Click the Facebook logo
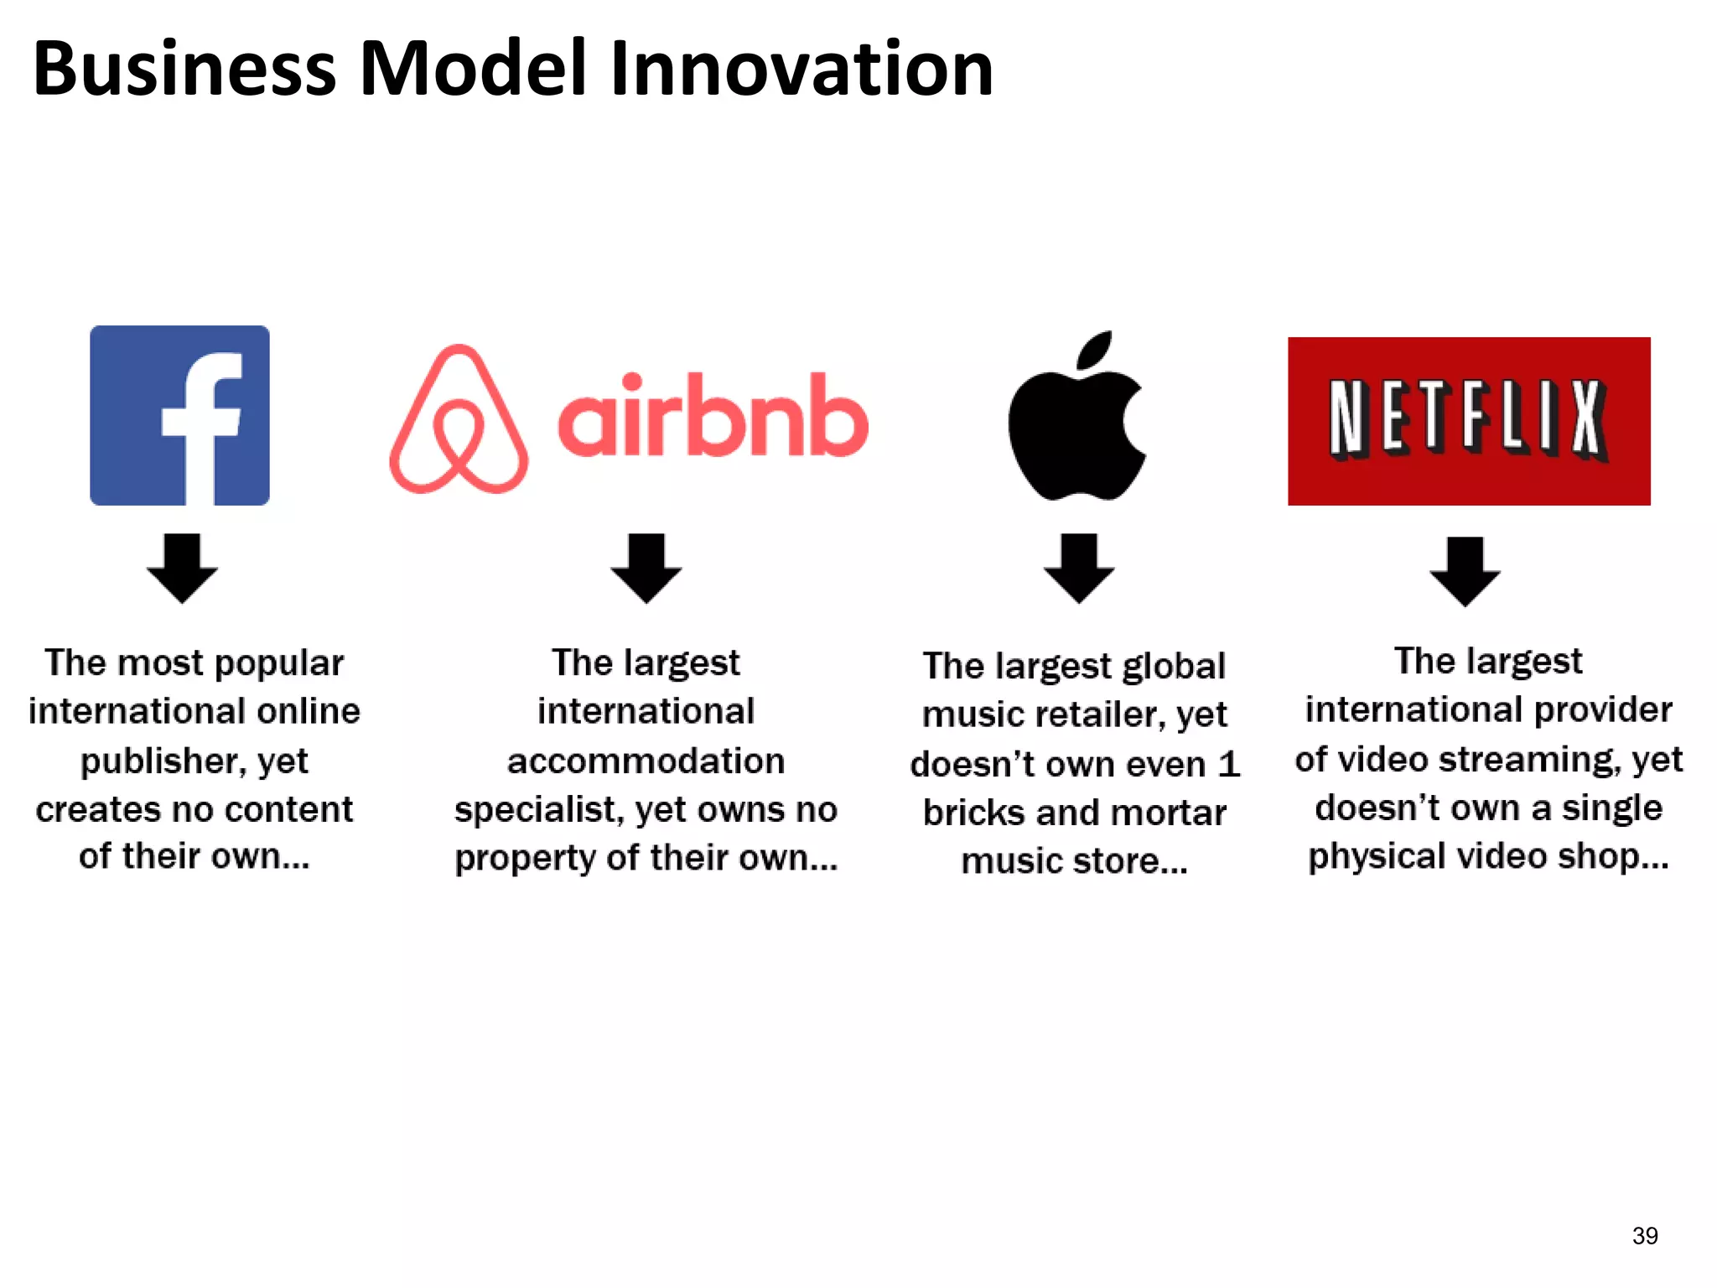pyautogui.click(x=179, y=415)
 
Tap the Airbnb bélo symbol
pyautogui.click(x=459, y=419)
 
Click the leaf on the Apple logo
pyautogui.click(x=1095, y=350)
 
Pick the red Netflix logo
pyautogui.click(x=1469, y=421)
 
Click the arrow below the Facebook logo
pyautogui.click(x=182, y=568)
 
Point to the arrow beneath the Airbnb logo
pyautogui.click(x=646, y=568)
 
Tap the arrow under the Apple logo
pyautogui.click(x=1079, y=568)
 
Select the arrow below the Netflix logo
pyautogui.click(x=1465, y=571)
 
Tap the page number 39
pyautogui.click(x=1645, y=1235)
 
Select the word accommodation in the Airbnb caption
pyautogui.click(x=646, y=761)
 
